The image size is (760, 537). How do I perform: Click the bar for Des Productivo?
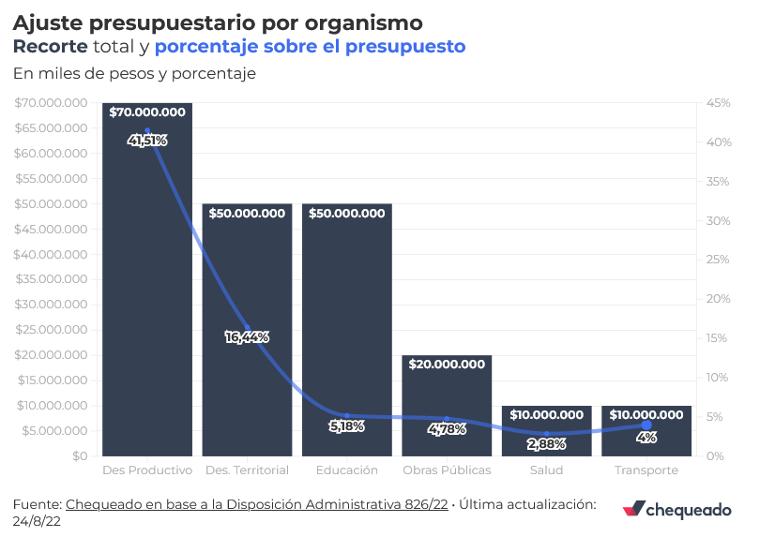pyautogui.click(x=147, y=281)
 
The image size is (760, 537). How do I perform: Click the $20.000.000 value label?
pyautogui.click(x=448, y=364)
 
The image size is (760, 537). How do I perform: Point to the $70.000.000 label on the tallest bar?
pyautogui.click(x=147, y=112)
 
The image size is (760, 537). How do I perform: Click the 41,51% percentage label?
pyautogui.click(x=147, y=141)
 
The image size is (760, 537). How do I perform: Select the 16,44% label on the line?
pyautogui.click(x=248, y=336)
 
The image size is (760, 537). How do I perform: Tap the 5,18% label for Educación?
pyautogui.click(x=347, y=425)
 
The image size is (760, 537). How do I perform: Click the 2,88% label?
pyautogui.click(x=547, y=443)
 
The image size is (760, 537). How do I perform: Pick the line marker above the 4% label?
pyautogui.click(x=646, y=425)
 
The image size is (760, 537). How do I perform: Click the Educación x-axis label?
pyautogui.click(x=347, y=470)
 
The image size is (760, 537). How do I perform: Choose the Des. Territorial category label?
pyautogui.click(x=247, y=470)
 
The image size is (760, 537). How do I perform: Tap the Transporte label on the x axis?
pyautogui.click(x=646, y=470)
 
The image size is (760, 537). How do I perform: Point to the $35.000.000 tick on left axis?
pyautogui.click(x=51, y=279)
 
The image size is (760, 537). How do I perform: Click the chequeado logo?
pyautogui.click(x=676, y=509)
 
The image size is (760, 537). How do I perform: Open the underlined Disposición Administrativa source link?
pyautogui.click(x=256, y=504)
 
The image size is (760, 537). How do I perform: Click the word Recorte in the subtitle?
pyautogui.click(x=52, y=46)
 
